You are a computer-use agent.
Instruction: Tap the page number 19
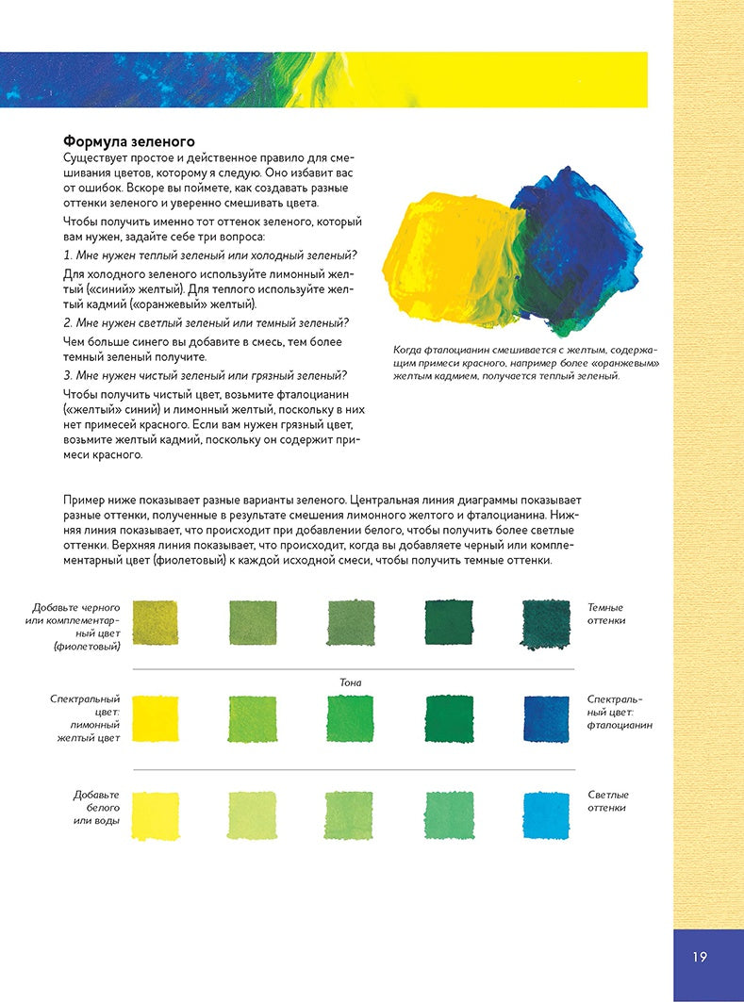699,957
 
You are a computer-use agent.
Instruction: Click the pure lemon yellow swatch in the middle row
156,718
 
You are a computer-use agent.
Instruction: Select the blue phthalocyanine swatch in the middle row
546,718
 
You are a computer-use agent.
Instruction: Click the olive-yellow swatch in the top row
156,623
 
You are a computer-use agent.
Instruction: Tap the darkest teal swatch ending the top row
546,623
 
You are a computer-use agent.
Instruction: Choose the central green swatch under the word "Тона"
351,718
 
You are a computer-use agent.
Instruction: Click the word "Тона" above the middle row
351,682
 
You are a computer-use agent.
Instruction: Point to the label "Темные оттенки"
607,614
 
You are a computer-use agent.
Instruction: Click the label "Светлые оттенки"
607,801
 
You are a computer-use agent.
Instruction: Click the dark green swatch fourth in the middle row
449,718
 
